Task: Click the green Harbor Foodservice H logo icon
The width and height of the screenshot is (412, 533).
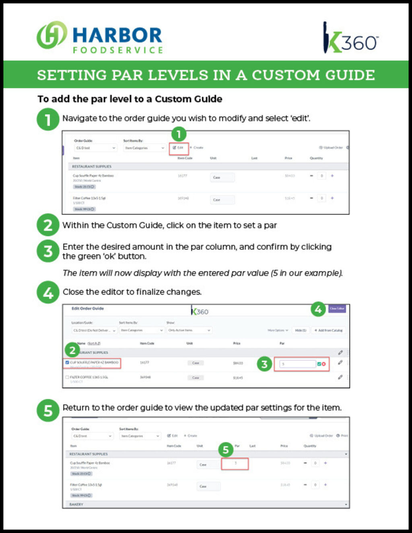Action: tap(51, 35)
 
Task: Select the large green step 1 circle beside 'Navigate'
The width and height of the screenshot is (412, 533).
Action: tap(48, 119)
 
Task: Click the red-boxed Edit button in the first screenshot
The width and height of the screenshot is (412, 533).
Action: tap(178, 148)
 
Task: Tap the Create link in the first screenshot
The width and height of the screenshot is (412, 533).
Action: tap(197, 148)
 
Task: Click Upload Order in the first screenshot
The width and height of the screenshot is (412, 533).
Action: tap(331, 148)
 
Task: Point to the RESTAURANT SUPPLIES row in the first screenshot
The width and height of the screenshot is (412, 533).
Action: tap(92, 167)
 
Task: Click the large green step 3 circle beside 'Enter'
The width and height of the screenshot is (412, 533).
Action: tap(48, 251)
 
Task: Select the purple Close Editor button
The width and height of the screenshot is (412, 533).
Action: tap(337, 309)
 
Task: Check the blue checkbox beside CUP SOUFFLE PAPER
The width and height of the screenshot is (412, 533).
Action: tap(67, 362)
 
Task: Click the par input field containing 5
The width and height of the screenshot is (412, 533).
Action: tap(298, 364)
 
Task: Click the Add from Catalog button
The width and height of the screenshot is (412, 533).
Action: tap(329, 330)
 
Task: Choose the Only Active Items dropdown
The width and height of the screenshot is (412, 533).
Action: tap(189, 330)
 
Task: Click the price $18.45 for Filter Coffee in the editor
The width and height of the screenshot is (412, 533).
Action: tap(238, 378)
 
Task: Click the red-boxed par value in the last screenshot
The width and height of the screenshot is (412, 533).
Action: tap(235, 463)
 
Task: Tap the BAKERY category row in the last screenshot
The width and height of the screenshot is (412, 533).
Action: tap(76, 504)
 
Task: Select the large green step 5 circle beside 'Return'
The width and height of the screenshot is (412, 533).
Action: tap(48, 410)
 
